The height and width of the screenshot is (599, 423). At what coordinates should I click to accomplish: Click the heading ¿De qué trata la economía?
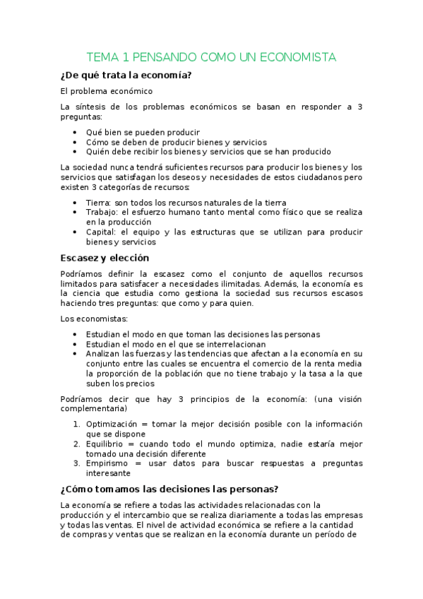click(126, 75)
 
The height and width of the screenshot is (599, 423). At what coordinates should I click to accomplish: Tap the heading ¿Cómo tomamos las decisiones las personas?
click(169, 489)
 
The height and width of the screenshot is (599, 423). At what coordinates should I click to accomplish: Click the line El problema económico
click(106, 91)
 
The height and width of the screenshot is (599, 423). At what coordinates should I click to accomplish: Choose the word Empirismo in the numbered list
click(107, 463)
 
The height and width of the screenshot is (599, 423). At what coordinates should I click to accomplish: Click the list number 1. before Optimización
click(77, 424)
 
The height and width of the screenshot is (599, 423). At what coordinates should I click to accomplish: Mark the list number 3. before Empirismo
click(77, 463)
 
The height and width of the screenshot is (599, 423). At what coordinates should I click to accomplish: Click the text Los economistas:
click(89, 319)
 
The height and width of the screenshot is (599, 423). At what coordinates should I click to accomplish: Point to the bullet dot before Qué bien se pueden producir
click(76, 132)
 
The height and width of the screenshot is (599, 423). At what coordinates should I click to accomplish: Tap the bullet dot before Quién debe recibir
click(76, 151)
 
